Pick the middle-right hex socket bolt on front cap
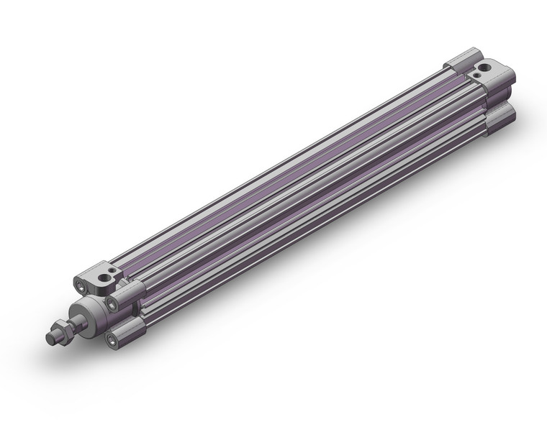[x=112, y=304]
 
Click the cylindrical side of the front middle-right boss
[x=133, y=292]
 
